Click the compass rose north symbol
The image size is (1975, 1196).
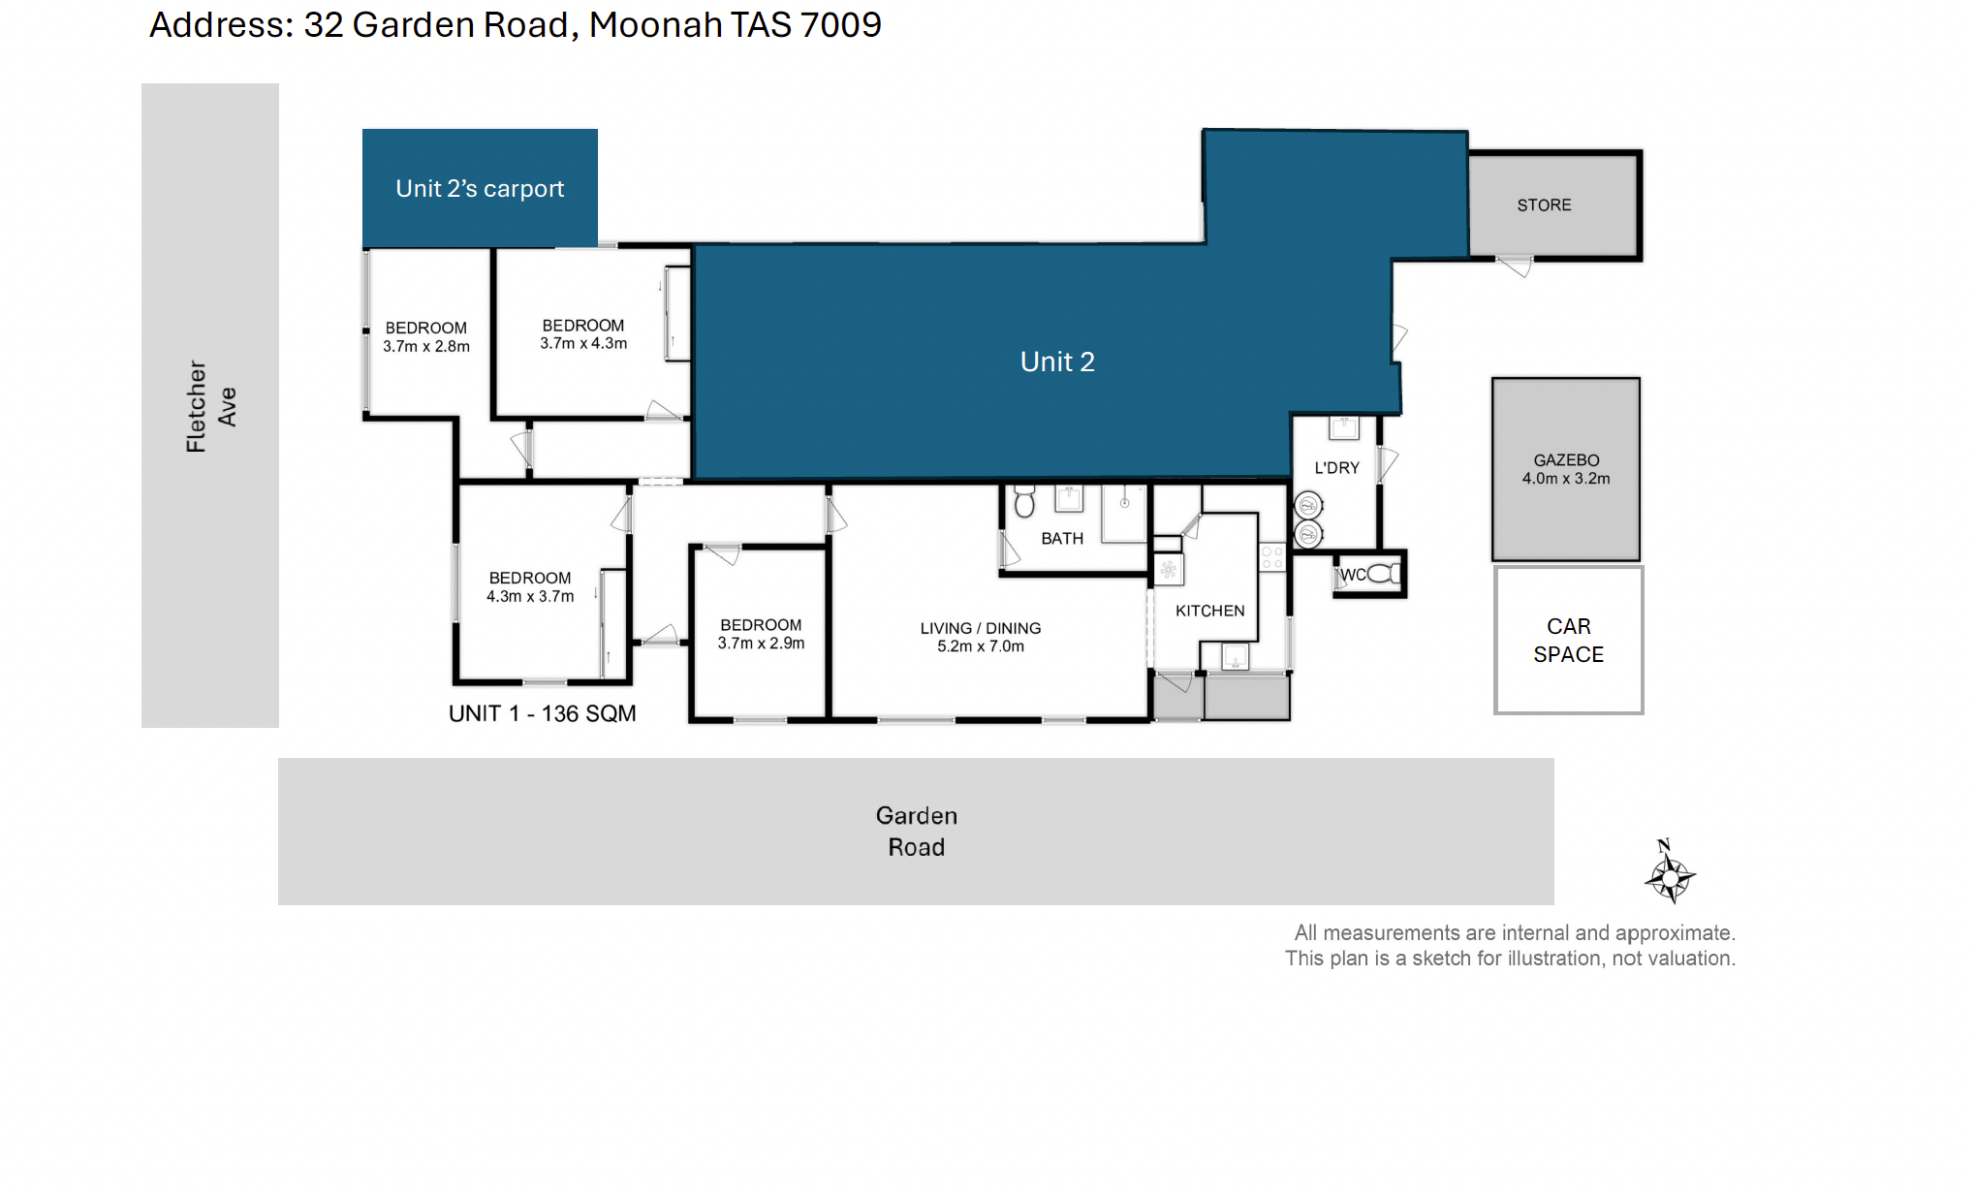tap(1670, 871)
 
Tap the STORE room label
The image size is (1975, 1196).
tap(1544, 205)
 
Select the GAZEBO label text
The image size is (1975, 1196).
tap(1566, 460)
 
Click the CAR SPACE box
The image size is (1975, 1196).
tap(1568, 640)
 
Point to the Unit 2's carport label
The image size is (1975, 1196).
tap(480, 188)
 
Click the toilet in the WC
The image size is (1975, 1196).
tap(1383, 574)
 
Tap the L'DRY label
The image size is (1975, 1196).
tap(1336, 468)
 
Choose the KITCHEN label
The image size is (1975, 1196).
tap(1209, 611)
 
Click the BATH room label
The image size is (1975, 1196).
tap(1062, 539)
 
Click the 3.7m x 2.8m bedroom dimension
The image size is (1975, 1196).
tap(426, 346)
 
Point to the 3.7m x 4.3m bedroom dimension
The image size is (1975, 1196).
tap(583, 343)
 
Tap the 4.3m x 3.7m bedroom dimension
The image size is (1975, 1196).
tap(530, 596)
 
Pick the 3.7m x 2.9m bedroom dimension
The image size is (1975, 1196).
tap(761, 643)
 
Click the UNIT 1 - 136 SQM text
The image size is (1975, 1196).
tap(542, 713)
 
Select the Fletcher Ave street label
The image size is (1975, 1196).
tap(210, 406)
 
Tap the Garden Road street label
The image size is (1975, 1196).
tap(917, 832)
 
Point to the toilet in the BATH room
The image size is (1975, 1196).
tap(1024, 502)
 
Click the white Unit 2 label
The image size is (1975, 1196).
tap(1057, 362)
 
